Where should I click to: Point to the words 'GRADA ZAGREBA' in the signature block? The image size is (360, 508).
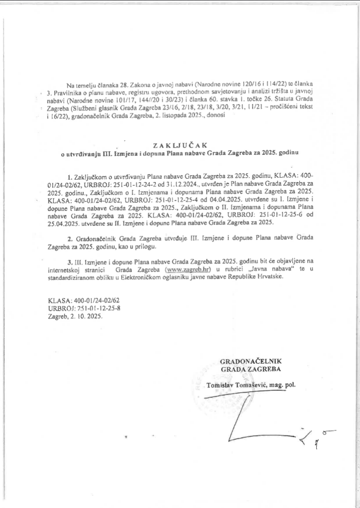[x=251, y=369]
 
